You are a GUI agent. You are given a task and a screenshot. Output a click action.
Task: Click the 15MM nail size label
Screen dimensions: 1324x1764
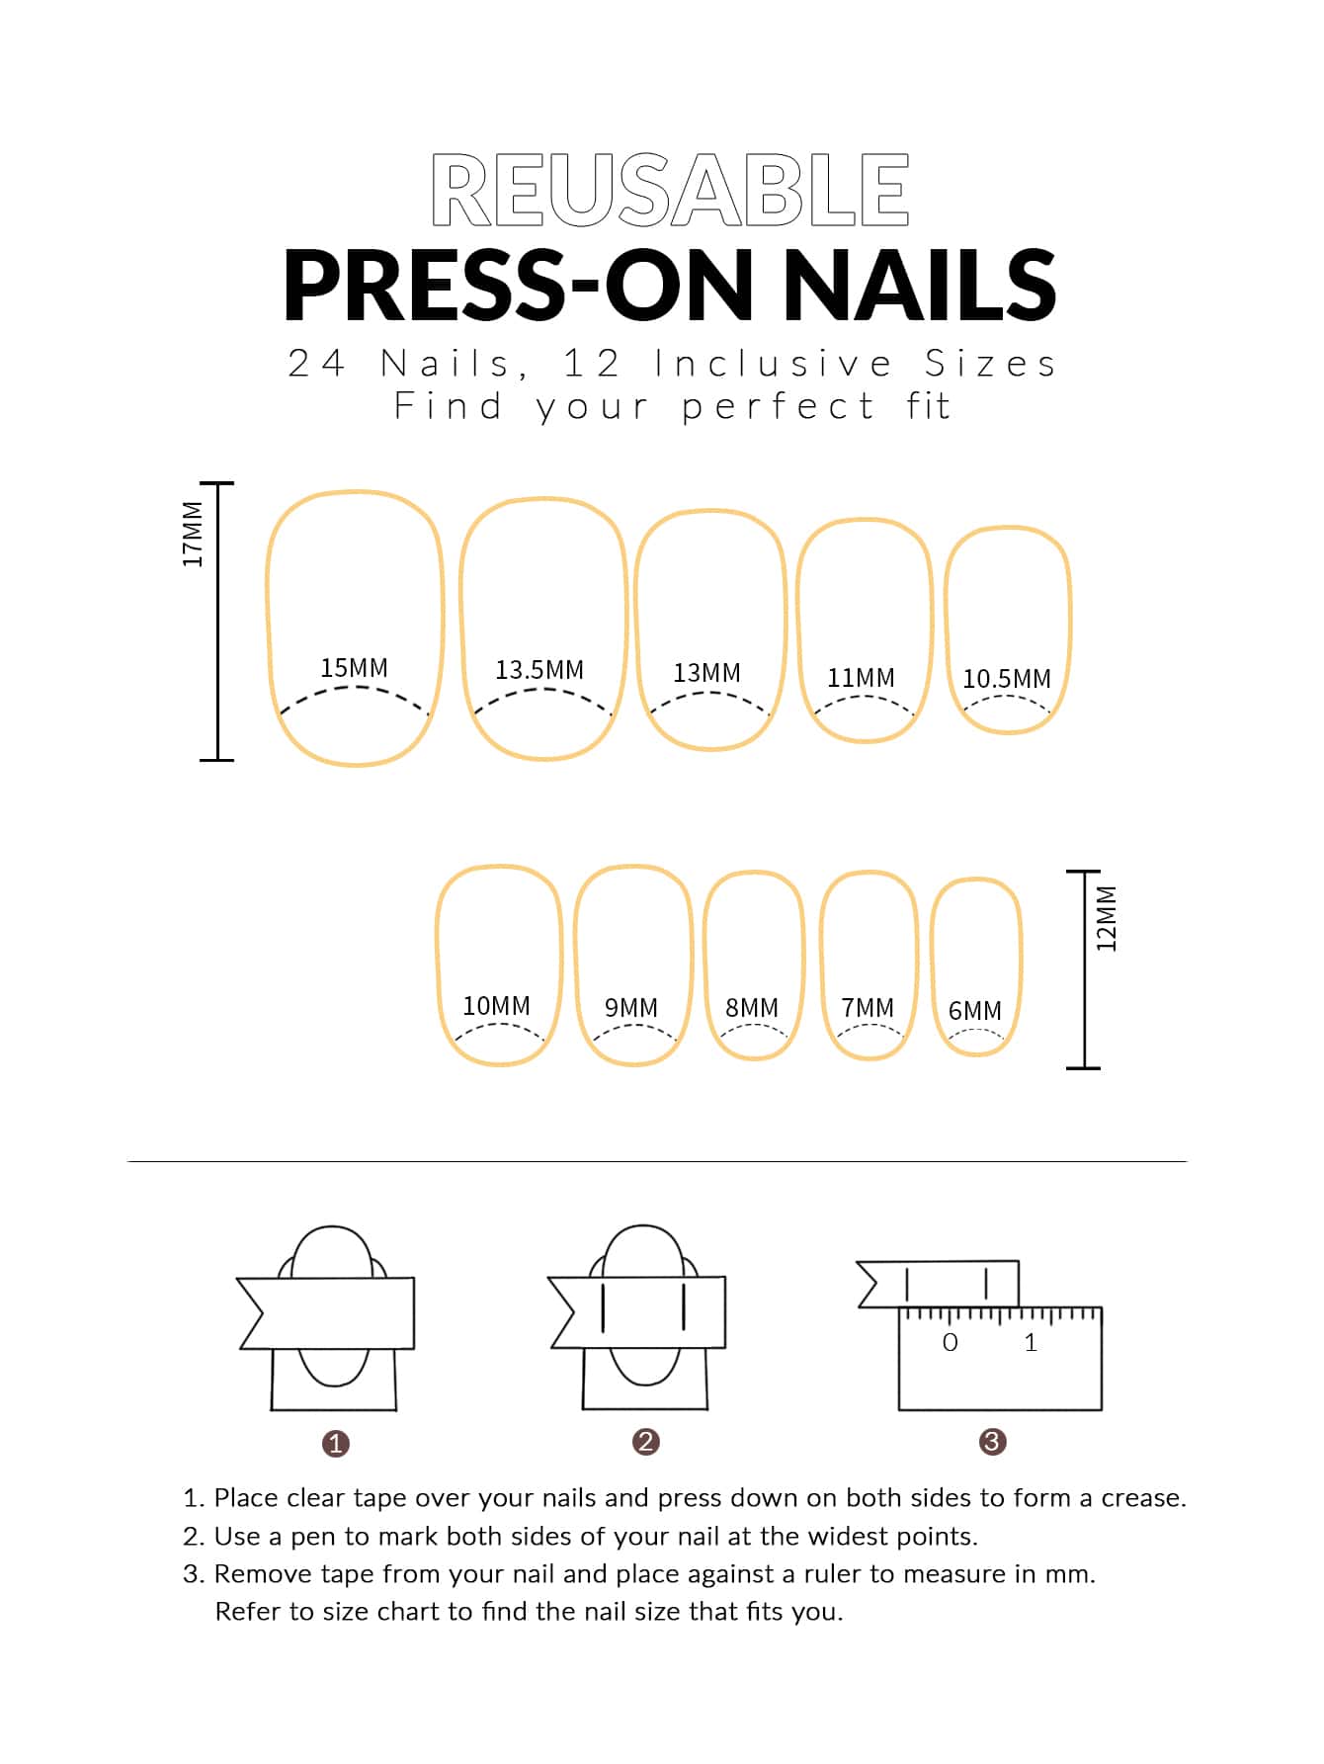point(354,668)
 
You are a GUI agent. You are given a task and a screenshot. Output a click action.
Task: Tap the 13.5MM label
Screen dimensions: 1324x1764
point(539,670)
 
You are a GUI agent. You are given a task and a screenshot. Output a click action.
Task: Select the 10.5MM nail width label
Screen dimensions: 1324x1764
point(1007,679)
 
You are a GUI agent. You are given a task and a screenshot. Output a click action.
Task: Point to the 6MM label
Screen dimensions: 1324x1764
point(975,1011)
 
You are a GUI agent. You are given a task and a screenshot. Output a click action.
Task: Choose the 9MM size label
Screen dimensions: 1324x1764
point(631,1008)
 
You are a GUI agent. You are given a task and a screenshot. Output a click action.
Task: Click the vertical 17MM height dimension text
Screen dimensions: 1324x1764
point(193,535)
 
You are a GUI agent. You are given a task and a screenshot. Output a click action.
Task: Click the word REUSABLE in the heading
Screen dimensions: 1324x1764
point(670,189)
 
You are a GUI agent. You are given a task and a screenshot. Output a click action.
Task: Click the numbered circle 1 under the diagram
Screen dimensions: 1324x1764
point(336,1444)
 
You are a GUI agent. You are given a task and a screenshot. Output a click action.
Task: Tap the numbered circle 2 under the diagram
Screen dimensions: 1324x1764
point(646,1442)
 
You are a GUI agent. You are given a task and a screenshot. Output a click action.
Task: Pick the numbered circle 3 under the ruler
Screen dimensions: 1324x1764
point(992,1442)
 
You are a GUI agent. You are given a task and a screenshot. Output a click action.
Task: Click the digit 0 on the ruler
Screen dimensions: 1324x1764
point(951,1342)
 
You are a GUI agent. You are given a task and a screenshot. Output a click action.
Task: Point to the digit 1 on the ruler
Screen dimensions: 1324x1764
point(1031,1342)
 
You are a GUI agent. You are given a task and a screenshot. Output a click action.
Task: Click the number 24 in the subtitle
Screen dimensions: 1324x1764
point(316,364)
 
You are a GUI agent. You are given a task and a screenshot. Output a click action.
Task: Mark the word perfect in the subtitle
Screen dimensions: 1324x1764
point(778,406)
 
